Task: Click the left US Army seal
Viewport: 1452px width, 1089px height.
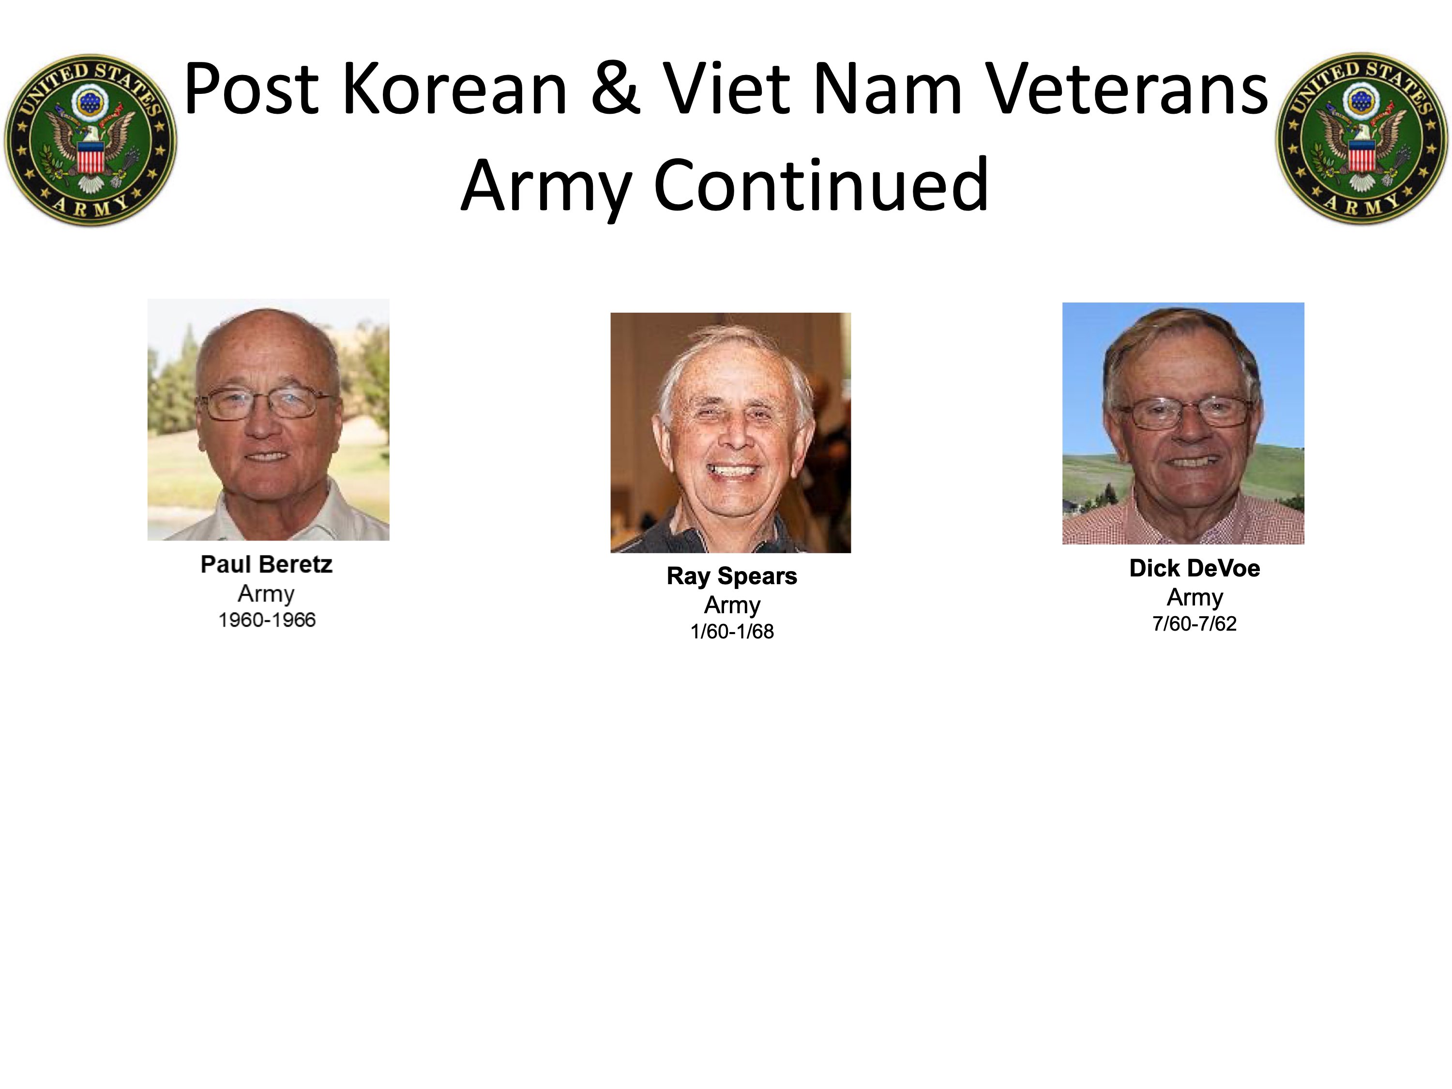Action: point(91,140)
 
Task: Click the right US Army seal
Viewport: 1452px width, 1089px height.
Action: point(1361,138)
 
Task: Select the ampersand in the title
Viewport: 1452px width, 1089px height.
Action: point(615,89)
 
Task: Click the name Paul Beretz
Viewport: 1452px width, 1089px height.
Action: point(267,564)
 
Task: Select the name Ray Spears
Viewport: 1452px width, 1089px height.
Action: point(732,576)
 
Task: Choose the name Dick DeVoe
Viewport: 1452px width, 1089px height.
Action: point(1195,569)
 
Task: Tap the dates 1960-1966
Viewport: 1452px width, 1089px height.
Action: point(267,620)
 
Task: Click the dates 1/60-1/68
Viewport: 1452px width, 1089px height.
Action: point(732,632)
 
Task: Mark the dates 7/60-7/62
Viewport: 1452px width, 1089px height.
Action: point(1195,623)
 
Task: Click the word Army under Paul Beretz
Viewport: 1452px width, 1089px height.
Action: point(267,594)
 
